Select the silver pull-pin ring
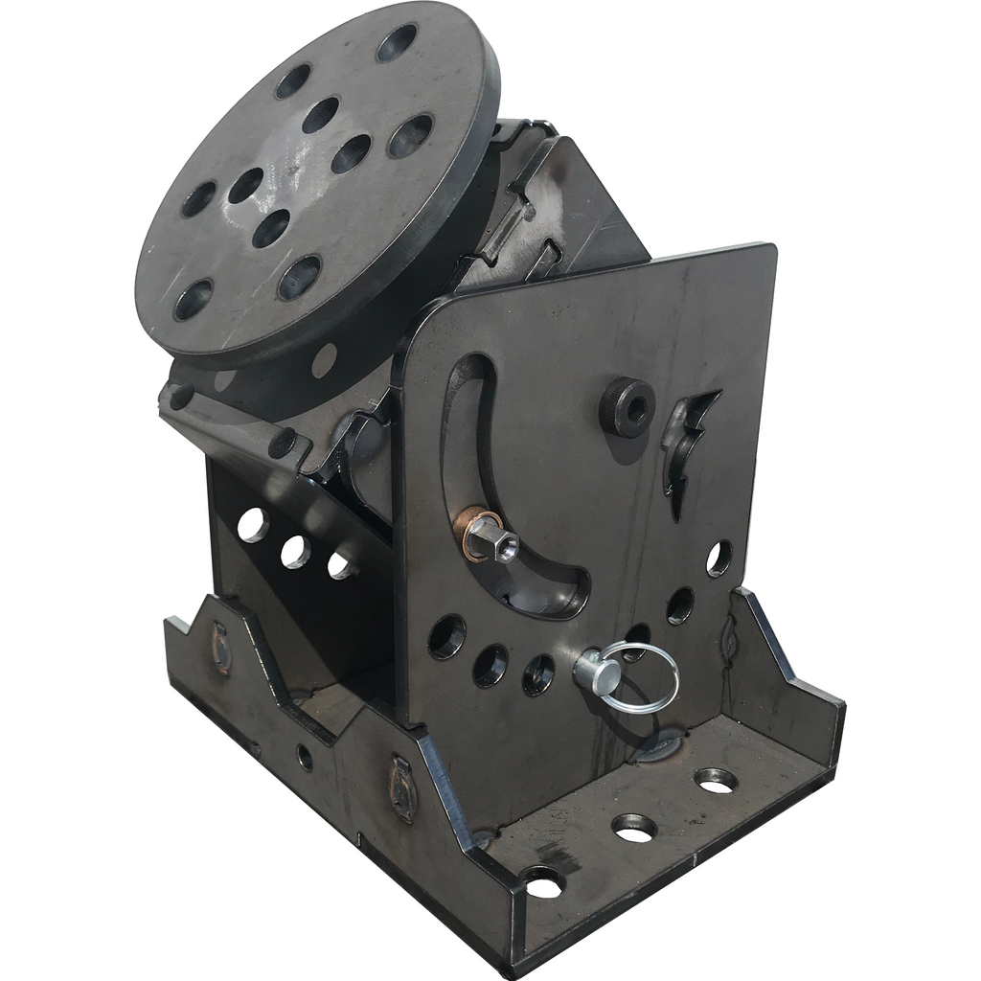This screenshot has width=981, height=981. pyautogui.click(x=644, y=676)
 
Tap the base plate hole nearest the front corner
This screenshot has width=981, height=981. pyautogui.click(x=543, y=881)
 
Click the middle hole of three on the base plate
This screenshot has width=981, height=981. pyautogui.click(x=633, y=827)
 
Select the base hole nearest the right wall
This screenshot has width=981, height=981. pyautogui.click(x=716, y=780)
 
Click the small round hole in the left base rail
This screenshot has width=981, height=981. pyautogui.click(x=305, y=758)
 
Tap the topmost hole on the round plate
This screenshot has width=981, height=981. pyautogui.click(x=396, y=43)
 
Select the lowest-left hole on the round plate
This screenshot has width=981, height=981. pyautogui.click(x=193, y=299)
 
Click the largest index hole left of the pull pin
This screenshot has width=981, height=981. pyautogui.click(x=446, y=636)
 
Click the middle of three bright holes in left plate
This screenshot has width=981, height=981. pyautogui.click(x=294, y=551)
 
